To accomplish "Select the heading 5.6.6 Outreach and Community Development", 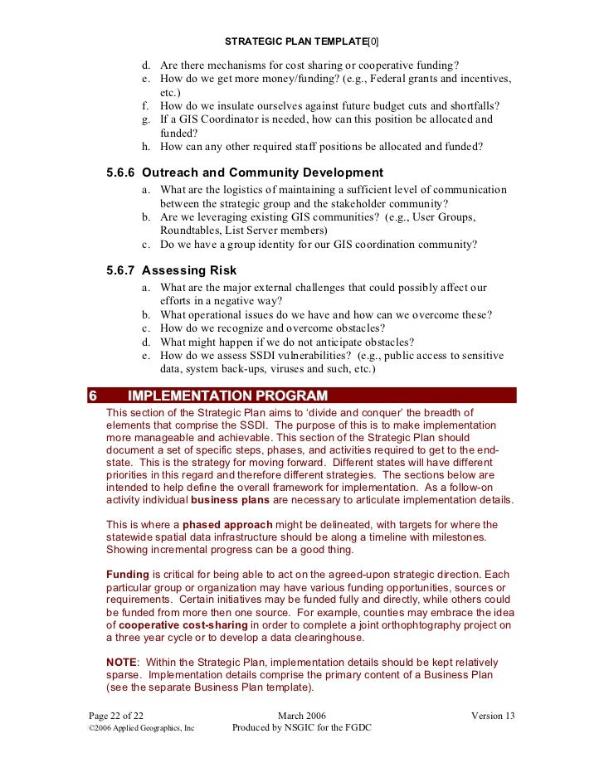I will click(x=245, y=172).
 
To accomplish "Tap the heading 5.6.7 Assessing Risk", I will click(x=172, y=270).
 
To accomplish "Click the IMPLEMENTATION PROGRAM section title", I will click(x=227, y=396).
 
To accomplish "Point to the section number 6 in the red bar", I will click(x=93, y=396).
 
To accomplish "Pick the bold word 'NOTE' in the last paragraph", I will click(x=121, y=663).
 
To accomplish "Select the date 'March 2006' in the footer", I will click(x=301, y=715).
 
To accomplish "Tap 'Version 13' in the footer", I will click(x=493, y=715).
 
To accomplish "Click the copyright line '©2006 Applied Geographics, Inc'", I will click(x=141, y=728).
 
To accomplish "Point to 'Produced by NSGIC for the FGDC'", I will click(x=301, y=728).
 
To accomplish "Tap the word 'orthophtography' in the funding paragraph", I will click(x=411, y=624).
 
